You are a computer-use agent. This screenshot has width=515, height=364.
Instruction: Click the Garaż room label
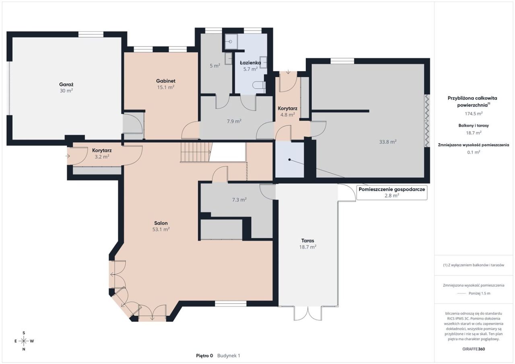[x=66, y=84]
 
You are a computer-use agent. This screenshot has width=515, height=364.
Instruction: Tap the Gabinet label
[x=165, y=81]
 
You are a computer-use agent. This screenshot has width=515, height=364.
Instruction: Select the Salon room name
[x=161, y=223]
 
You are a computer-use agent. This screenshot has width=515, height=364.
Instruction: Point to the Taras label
[x=308, y=241]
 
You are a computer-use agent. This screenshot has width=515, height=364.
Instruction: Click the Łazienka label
[x=250, y=63]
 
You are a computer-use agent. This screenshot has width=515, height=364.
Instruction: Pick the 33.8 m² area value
[x=388, y=142]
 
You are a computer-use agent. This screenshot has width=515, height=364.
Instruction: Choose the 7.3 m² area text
[x=239, y=199]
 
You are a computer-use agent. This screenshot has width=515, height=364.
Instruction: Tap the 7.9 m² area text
[x=234, y=121]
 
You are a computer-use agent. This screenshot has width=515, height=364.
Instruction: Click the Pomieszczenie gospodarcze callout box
[x=392, y=192]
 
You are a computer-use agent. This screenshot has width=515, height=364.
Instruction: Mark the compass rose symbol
[x=24, y=341]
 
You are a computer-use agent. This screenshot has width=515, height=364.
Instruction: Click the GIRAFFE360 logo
[x=474, y=349]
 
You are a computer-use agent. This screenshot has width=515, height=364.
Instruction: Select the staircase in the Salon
[x=196, y=152]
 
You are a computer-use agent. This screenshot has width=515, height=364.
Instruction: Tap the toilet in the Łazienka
[x=259, y=86]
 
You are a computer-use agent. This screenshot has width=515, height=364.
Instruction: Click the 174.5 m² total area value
[x=474, y=113]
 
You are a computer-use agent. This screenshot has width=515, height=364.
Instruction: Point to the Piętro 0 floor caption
[x=204, y=356]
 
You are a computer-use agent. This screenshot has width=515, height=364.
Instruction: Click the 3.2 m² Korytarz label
[x=102, y=154]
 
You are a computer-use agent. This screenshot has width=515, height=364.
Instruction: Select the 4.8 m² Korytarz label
[x=287, y=111]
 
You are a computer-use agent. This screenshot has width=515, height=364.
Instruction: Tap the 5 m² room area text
[x=215, y=66]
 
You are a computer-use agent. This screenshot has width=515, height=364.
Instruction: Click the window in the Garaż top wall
[x=91, y=35]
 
